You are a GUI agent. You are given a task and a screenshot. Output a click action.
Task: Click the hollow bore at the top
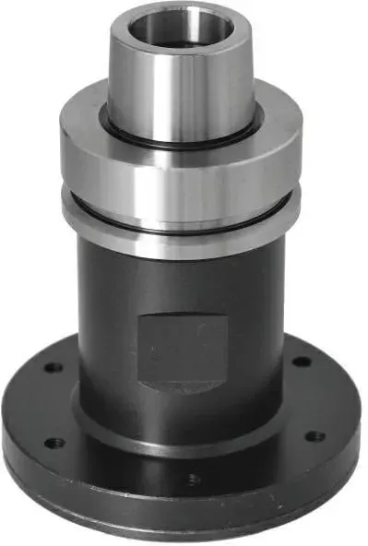[176, 28]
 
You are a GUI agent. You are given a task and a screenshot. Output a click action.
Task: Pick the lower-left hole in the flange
[54, 442]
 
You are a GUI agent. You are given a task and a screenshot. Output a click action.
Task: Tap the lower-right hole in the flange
[315, 435]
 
